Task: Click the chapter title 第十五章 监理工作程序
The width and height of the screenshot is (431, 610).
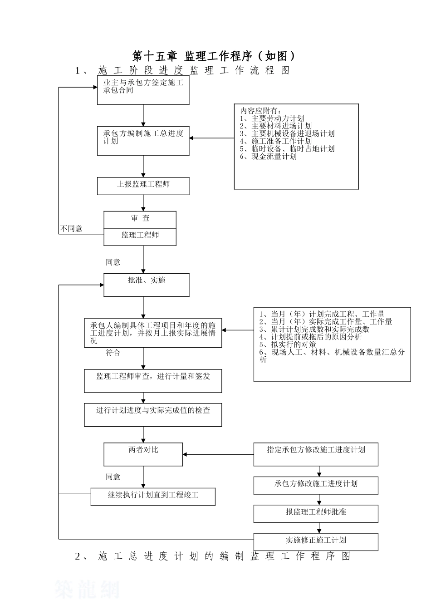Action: (x=214, y=56)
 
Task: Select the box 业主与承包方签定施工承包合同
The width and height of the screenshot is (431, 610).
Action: (x=143, y=90)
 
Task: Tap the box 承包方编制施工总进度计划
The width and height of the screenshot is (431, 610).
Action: (x=143, y=140)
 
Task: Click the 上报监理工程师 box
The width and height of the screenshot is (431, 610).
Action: (x=143, y=186)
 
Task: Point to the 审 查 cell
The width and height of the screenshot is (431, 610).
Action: (x=140, y=219)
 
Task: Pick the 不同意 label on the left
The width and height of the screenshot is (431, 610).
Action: (x=71, y=229)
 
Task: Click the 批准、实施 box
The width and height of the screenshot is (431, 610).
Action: (x=146, y=285)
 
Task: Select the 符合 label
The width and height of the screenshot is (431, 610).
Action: (x=113, y=353)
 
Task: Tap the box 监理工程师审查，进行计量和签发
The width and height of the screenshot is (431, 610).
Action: (x=153, y=380)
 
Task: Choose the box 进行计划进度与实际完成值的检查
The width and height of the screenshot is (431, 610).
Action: (x=153, y=414)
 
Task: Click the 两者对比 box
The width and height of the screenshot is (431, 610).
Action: (x=143, y=454)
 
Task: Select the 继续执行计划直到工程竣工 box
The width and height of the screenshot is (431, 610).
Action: (x=153, y=496)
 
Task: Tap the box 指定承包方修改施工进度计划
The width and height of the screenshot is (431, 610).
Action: (x=316, y=454)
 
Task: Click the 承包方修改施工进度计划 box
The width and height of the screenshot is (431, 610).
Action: (x=316, y=485)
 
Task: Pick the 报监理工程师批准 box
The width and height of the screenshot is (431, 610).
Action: (x=316, y=513)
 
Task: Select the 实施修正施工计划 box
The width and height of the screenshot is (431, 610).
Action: (x=316, y=541)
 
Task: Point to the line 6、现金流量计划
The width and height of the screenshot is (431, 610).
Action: (x=268, y=157)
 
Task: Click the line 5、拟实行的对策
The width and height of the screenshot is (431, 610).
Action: (x=288, y=344)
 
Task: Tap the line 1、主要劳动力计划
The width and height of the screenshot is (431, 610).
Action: (x=272, y=118)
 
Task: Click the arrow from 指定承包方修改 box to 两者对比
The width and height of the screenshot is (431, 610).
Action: (x=218, y=454)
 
